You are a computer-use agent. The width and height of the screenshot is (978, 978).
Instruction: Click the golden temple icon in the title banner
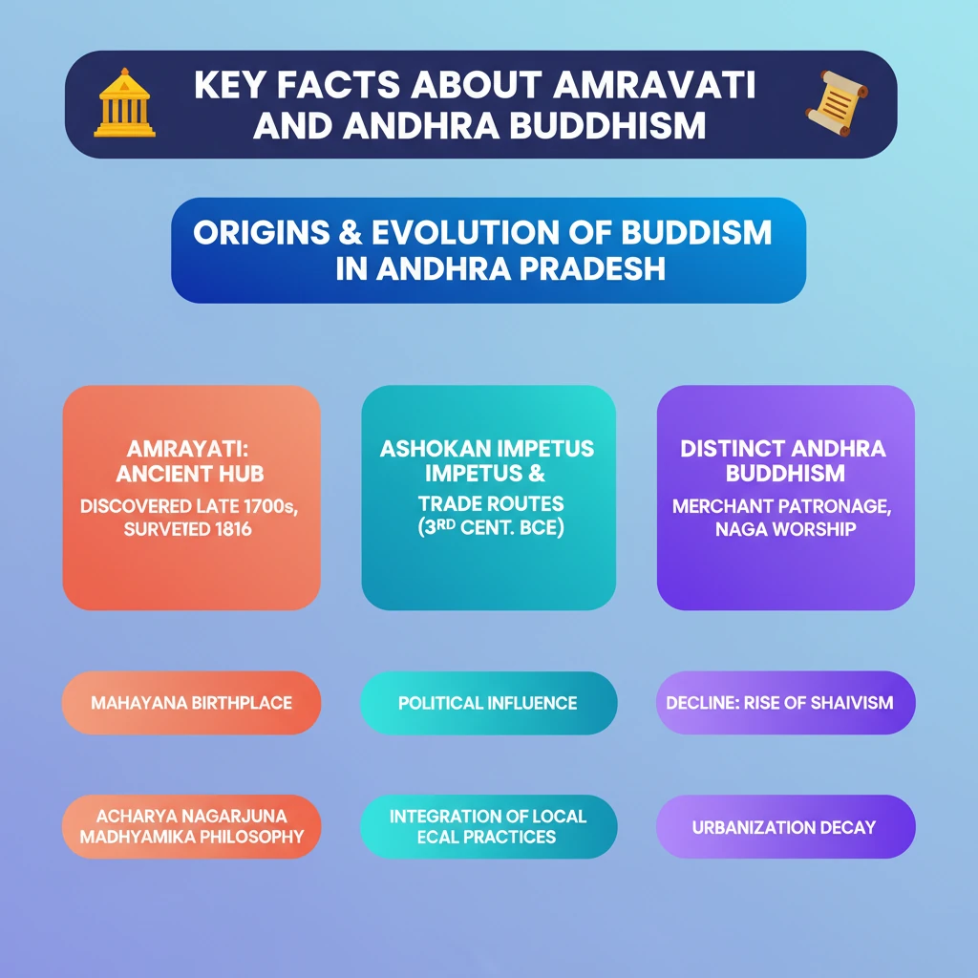pyautogui.click(x=124, y=103)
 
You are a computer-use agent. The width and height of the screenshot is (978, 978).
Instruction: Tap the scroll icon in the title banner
pyautogui.click(x=837, y=103)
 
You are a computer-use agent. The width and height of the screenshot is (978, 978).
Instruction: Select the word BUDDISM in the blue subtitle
pyautogui.click(x=696, y=233)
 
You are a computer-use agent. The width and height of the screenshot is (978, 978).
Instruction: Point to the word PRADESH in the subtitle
pyautogui.click(x=592, y=268)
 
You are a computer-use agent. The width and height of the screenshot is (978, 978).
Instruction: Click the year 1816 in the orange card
pyautogui.click(x=233, y=529)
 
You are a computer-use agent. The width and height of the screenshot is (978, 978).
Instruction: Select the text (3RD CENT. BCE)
pyautogui.click(x=491, y=527)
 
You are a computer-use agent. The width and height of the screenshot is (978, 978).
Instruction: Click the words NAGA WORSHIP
pyautogui.click(x=785, y=529)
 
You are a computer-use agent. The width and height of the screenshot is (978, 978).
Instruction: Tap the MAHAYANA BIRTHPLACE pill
pyautogui.click(x=191, y=702)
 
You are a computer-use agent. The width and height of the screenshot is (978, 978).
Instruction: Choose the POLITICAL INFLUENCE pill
pyautogui.click(x=488, y=703)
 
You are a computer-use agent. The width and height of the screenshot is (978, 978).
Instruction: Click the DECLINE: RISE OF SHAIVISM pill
pyautogui.click(x=785, y=702)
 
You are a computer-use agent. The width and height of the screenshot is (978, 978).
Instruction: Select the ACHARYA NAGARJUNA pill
pyautogui.click(x=191, y=826)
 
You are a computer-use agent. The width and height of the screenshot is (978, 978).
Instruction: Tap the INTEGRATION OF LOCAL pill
pyautogui.click(x=488, y=826)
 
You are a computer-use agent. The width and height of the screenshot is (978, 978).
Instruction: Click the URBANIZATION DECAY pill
pyautogui.click(x=785, y=826)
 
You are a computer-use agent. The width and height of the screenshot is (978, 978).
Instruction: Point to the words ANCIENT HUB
pyautogui.click(x=190, y=474)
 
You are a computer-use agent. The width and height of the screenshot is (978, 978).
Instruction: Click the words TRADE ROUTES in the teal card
pyautogui.click(x=491, y=503)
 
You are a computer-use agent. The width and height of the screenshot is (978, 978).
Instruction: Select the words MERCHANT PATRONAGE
pyautogui.click(x=781, y=506)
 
